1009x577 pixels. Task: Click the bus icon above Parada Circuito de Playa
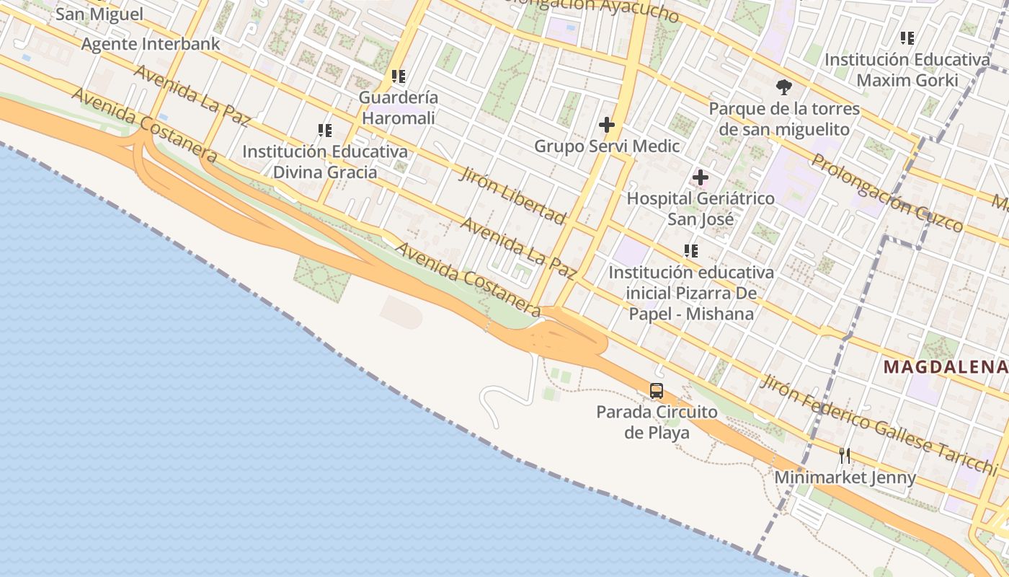point(657,391)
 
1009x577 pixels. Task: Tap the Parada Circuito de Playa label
point(657,422)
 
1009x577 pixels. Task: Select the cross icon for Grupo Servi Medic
point(607,125)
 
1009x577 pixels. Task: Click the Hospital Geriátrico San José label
point(701,208)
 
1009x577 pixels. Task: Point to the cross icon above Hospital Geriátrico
point(701,177)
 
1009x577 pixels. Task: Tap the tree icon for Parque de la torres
point(783,88)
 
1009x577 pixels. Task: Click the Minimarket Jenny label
point(845,477)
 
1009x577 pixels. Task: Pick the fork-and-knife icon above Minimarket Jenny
point(845,455)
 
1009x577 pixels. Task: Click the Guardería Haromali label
point(399,107)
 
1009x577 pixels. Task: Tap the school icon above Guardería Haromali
point(399,76)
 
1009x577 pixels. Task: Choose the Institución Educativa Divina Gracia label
point(325,162)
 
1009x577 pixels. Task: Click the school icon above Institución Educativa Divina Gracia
point(325,131)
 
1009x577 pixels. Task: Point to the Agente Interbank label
point(151,44)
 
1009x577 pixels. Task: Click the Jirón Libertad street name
point(513,195)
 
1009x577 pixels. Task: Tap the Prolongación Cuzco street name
point(888,193)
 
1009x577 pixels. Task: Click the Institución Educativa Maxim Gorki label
point(907,69)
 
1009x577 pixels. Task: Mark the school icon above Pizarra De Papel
point(691,251)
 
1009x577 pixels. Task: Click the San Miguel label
point(99,14)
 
